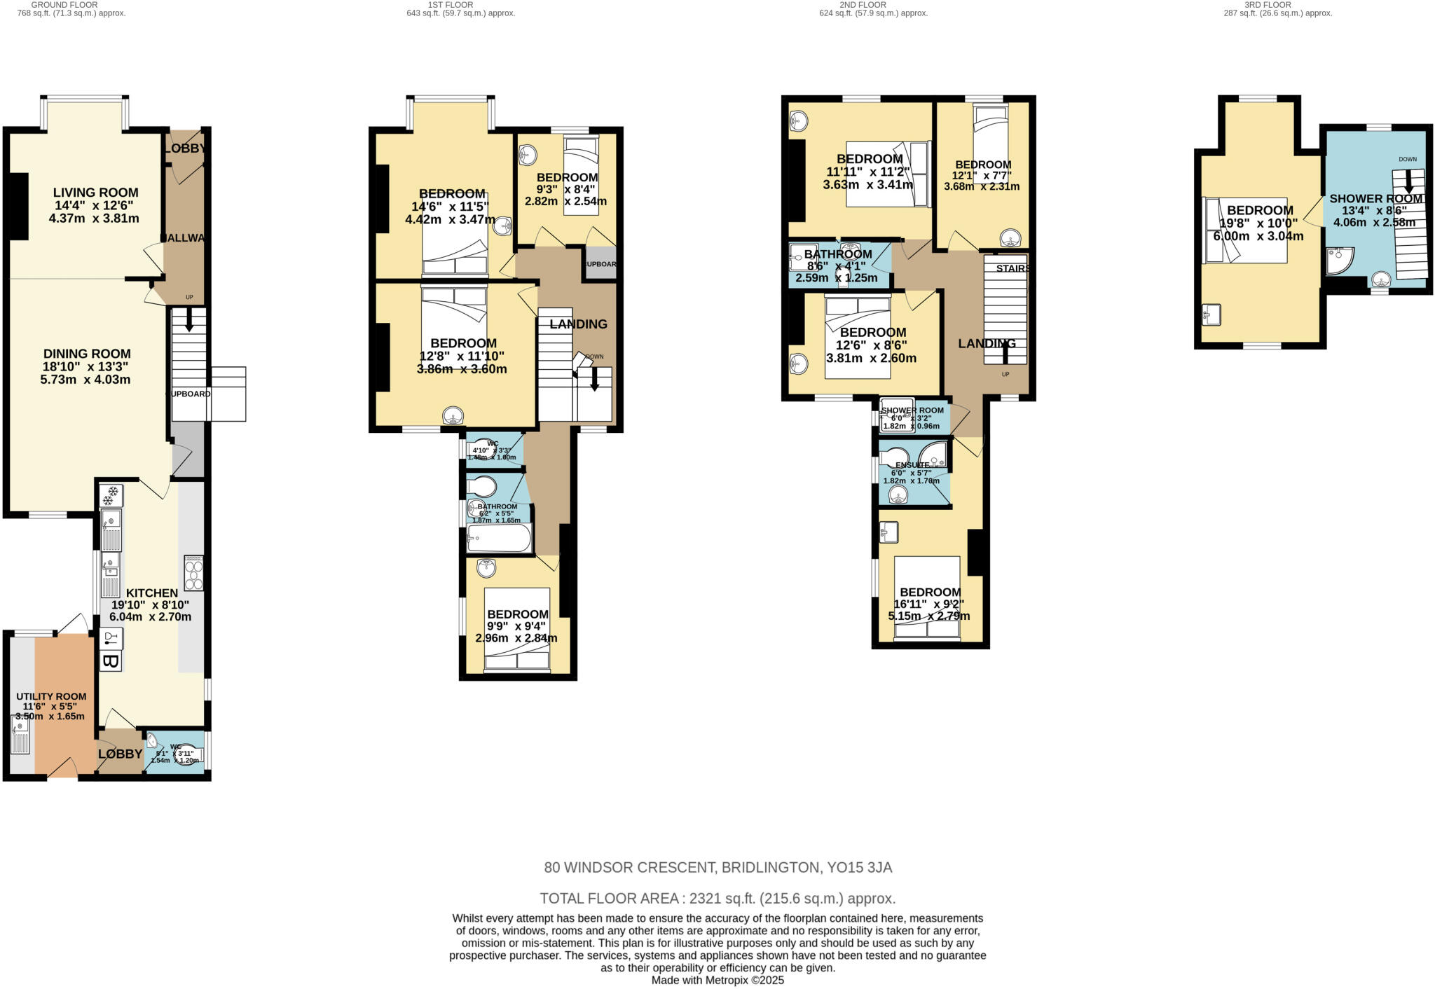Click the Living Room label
[x=96, y=193]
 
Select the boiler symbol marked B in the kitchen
[x=110, y=661]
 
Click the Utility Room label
[x=51, y=697]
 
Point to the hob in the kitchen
[x=193, y=573]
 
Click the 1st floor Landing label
[x=578, y=324]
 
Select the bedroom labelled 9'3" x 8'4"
[x=567, y=178]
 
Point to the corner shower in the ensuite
[x=934, y=455]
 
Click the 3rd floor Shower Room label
[x=1376, y=199]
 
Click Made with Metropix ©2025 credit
[x=717, y=981]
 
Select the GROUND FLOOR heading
[x=64, y=4]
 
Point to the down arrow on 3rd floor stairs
[x=1408, y=184]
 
